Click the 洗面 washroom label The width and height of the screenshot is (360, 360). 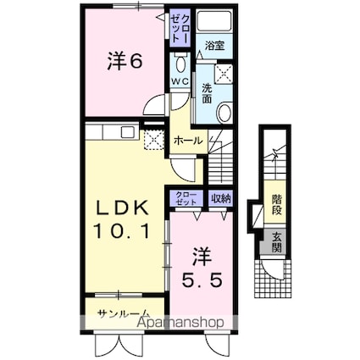(208, 90)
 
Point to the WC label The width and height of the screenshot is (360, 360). (180, 80)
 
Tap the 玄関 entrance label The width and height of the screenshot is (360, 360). (276, 243)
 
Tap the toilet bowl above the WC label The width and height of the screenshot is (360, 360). (180, 64)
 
